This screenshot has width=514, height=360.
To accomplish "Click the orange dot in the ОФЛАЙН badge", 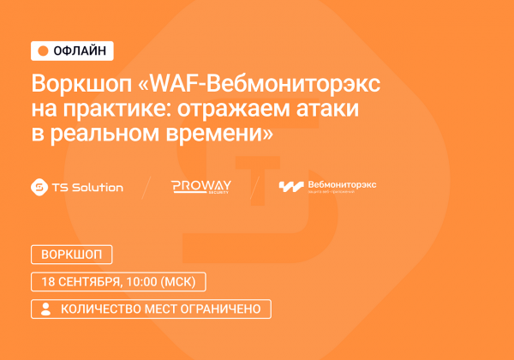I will [x=43, y=51].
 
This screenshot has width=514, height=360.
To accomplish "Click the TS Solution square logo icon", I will [x=38, y=187].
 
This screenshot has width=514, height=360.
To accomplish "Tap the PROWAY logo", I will [x=200, y=187].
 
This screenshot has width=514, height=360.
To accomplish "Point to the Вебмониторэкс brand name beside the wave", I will [x=342, y=184].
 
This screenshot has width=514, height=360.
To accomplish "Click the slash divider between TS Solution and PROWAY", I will [x=146, y=188].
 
